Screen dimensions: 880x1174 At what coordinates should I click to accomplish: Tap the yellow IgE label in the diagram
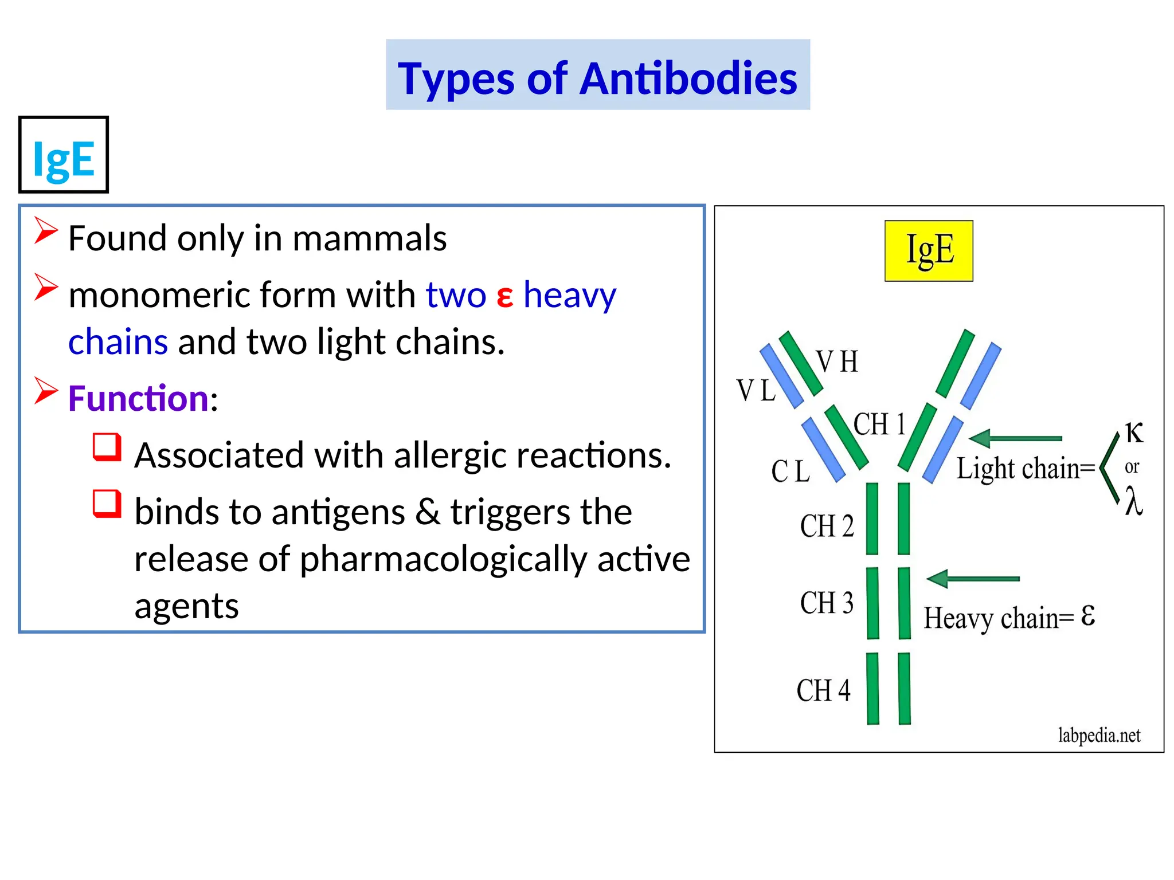click(929, 250)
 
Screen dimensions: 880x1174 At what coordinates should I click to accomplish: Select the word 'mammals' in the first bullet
click(369, 238)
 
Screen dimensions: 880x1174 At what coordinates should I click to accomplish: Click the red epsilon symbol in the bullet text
click(504, 296)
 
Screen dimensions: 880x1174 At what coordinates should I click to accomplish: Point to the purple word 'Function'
click(138, 398)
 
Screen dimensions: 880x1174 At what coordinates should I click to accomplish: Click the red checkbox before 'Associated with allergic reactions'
click(107, 447)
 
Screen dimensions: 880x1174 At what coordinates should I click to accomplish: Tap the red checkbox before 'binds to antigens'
click(107, 504)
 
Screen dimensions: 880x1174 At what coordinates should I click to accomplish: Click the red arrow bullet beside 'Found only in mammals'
click(46, 230)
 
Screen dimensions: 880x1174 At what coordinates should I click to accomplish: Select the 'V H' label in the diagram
click(838, 362)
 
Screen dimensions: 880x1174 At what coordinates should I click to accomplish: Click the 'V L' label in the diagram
click(756, 391)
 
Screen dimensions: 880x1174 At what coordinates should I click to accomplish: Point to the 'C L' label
click(791, 472)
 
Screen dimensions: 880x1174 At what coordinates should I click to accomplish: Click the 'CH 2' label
click(827, 526)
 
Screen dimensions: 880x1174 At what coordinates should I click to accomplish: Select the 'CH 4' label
click(823, 690)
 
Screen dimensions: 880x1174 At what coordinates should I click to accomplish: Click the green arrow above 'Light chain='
click(1015, 439)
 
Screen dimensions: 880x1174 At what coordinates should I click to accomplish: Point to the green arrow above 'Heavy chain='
click(973, 579)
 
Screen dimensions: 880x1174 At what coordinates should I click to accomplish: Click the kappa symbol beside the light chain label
click(1134, 433)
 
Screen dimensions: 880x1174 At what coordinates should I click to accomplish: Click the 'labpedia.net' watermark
click(1099, 735)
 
